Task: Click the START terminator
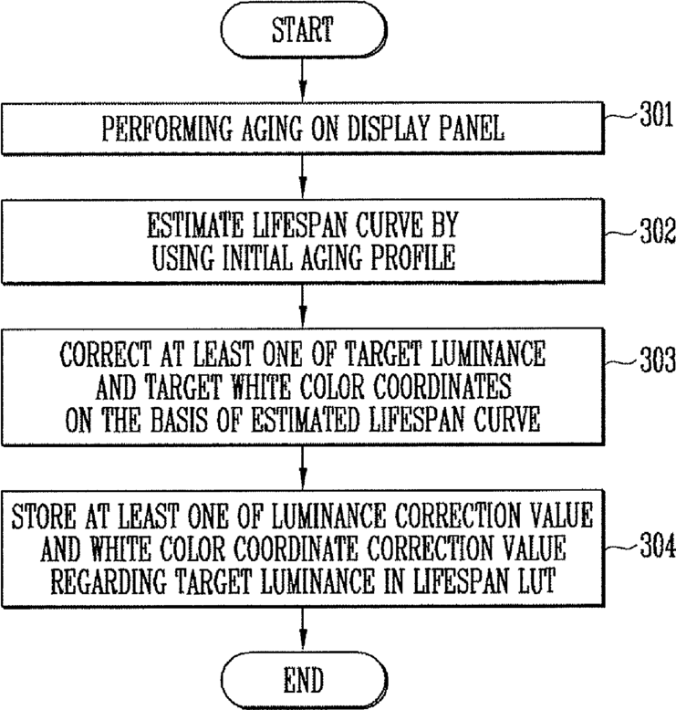304,29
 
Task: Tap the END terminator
304,680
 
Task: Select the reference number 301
657,115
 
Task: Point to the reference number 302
658,231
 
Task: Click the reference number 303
658,360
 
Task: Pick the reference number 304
658,545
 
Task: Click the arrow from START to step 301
304,79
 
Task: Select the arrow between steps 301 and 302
304,177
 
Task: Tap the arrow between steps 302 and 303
304,306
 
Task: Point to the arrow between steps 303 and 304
304,468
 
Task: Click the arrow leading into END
304,630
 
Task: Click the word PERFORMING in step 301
167,129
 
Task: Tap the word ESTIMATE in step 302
195,225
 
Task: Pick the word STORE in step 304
44,516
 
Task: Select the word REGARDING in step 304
109,581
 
